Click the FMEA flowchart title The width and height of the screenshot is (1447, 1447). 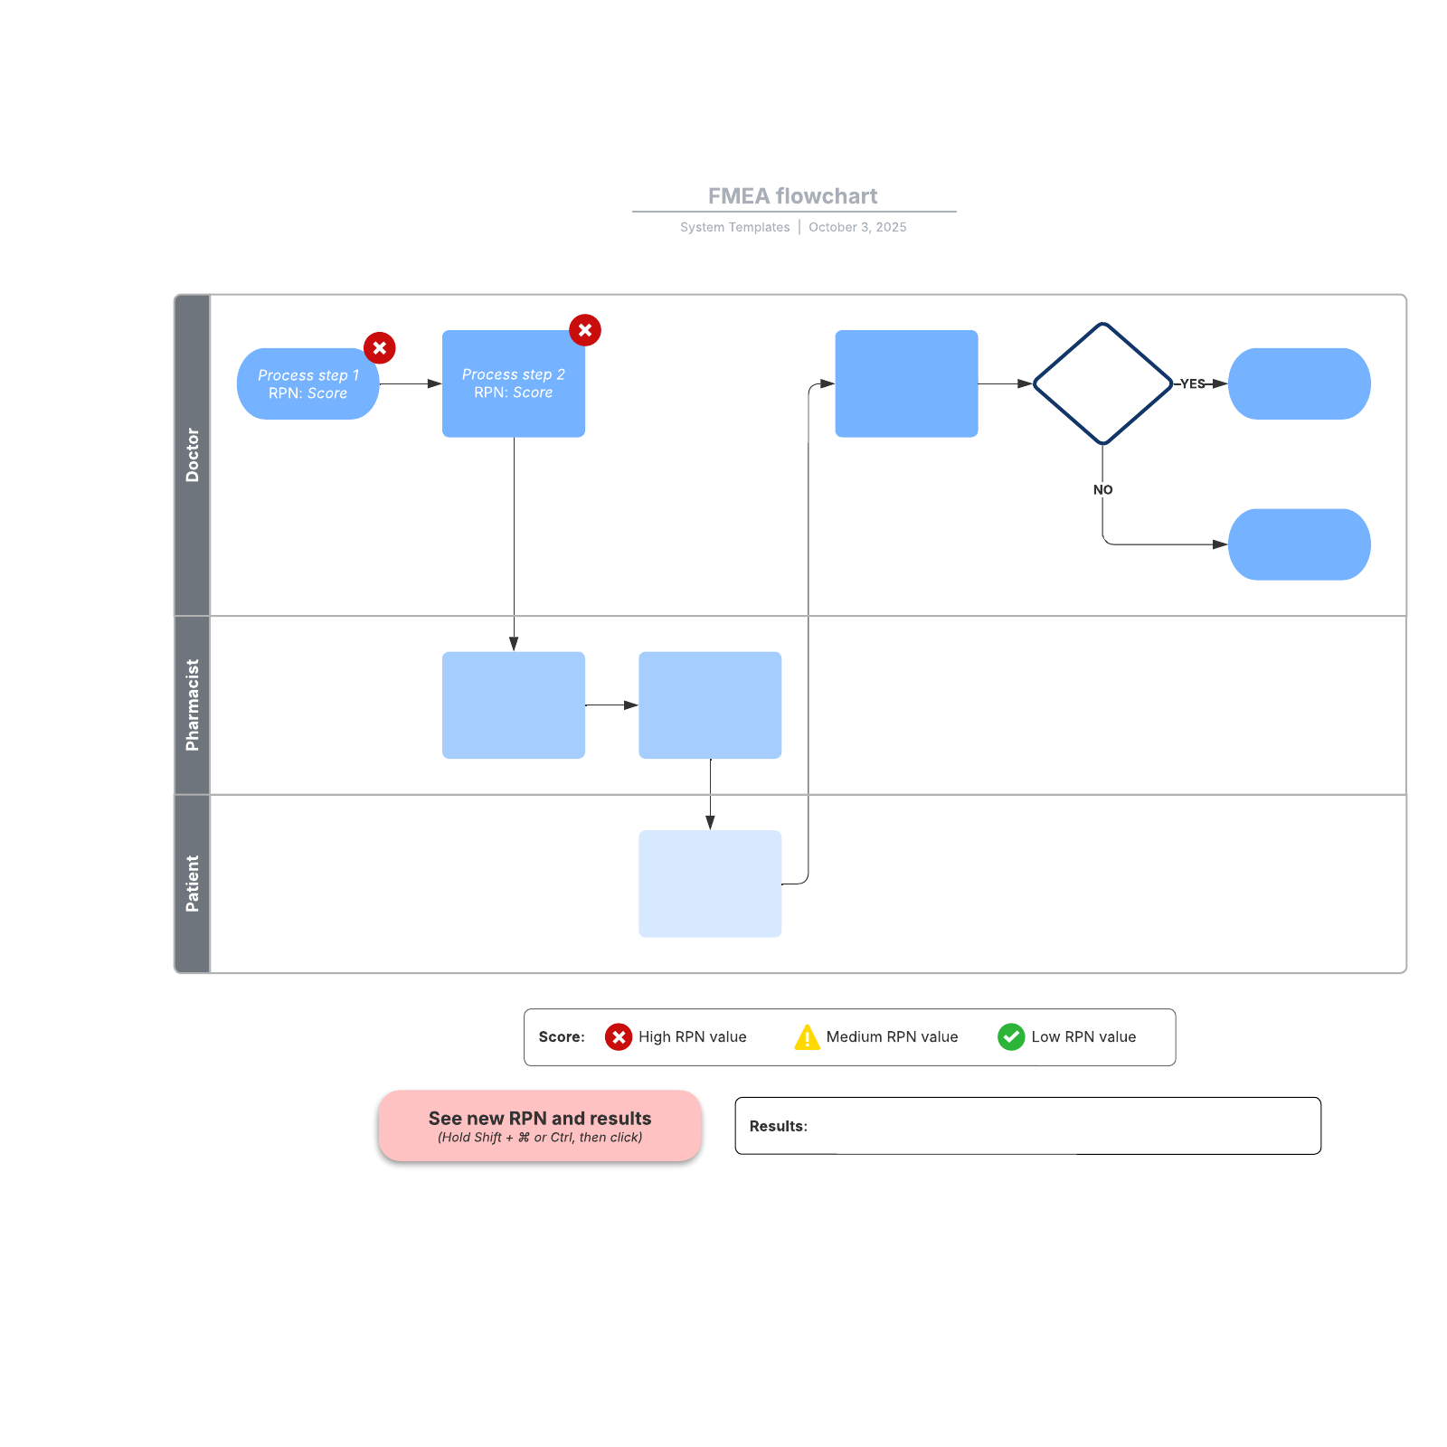click(792, 196)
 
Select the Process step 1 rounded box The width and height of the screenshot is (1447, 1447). click(307, 384)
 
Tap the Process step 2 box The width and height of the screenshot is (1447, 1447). click(513, 384)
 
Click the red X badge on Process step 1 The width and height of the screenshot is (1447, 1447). click(380, 347)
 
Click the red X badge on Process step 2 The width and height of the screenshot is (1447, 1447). click(585, 330)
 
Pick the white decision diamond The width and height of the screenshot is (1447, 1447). click(1102, 383)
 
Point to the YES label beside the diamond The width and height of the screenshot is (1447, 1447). click(1192, 383)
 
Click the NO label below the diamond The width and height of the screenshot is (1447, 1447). click(1102, 489)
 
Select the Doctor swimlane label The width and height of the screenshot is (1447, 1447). click(192, 455)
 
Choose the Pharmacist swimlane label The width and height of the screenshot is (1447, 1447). click(192, 705)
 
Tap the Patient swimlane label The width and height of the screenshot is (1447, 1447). click(192, 884)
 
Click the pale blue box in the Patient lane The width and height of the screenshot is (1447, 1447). click(710, 884)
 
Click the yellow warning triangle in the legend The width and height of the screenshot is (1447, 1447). click(807, 1037)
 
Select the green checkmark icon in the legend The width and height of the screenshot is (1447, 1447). click(1011, 1037)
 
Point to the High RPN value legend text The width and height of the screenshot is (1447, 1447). click(692, 1037)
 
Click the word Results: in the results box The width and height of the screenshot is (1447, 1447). click(778, 1126)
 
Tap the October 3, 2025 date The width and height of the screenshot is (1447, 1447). click(857, 227)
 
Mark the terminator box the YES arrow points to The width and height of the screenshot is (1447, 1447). click(1299, 383)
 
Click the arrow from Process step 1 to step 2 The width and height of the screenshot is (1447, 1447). click(410, 383)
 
